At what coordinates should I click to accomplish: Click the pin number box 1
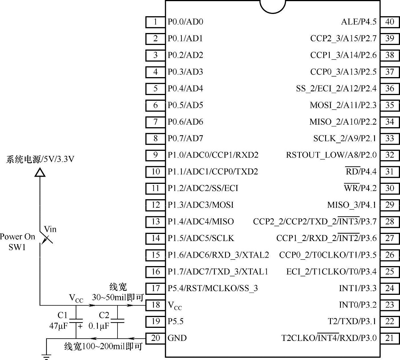pyautogui.click(x=155, y=22)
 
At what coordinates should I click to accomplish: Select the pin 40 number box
pyautogui.click(x=389, y=22)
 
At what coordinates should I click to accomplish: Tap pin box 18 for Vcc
pyautogui.click(x=155, y=305)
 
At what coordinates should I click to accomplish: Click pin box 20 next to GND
pyautogui.click(x=155, y=338)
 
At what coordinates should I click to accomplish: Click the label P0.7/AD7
pyautogui.click(x=185, y=139)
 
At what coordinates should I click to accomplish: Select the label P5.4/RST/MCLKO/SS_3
pyautogui.click(x=213, y=288)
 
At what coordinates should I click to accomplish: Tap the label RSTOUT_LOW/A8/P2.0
pyautogui.click(x=331, y=155)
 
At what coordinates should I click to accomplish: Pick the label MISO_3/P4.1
pyautogui.click(x=352, y=205)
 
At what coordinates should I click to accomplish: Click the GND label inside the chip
pyautogui.click(x=177, y=338)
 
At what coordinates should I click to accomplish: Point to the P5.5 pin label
pyautogui.click(x=176, y=322)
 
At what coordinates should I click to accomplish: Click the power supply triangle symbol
pyautogui.click(x=40, y=173)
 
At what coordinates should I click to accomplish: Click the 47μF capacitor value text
pyautogui.click(x=58, y=326)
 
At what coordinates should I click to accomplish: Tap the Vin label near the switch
pyautogui.click(x=50, y=229)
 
